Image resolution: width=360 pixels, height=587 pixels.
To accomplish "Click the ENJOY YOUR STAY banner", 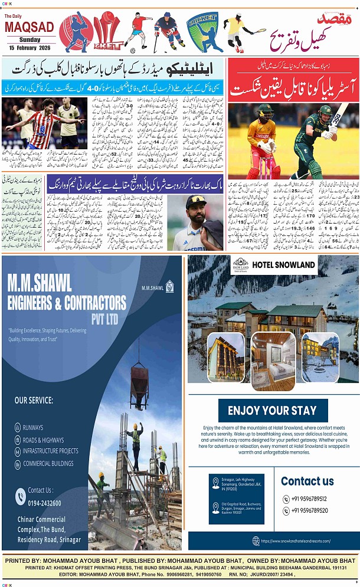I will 272,411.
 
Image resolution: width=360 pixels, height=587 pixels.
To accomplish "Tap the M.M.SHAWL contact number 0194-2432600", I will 45,502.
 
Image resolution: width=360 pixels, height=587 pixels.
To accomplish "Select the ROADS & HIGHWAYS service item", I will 43,440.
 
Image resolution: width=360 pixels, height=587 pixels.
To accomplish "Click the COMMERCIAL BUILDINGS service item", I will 48,463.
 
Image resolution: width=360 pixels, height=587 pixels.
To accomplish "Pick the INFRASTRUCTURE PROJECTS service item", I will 50,451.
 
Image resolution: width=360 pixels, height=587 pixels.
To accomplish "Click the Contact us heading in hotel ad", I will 307,481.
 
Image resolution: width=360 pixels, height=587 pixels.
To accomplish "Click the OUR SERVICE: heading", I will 34,401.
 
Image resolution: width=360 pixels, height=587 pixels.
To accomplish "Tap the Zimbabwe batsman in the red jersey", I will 261,140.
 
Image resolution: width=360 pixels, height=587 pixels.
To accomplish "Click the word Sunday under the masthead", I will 29,39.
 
